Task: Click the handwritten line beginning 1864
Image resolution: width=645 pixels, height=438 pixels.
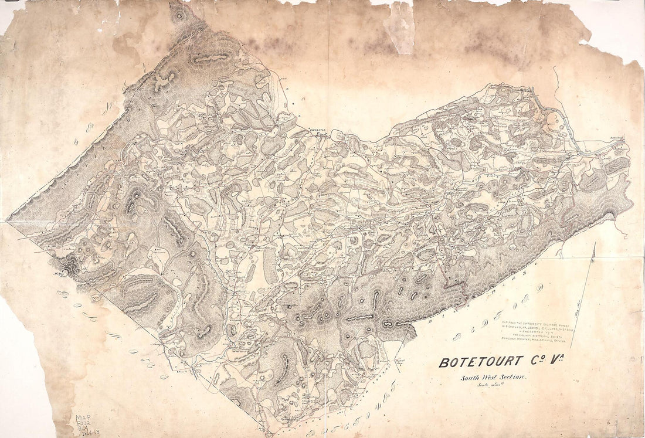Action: point(86,433)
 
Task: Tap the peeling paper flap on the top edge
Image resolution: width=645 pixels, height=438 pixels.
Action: point(400,26)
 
